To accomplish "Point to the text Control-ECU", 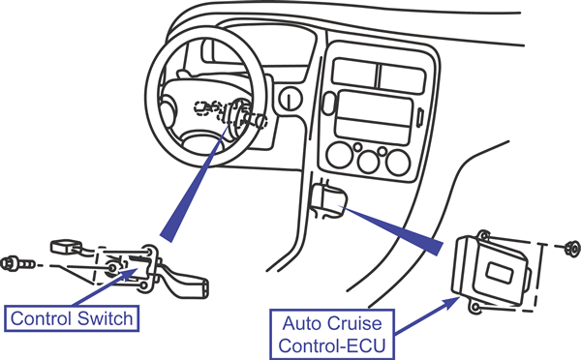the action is (x=332, y=345).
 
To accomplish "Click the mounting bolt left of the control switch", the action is (x=17, y=263).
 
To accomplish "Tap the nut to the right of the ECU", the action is (x=573, y=248).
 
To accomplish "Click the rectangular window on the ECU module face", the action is (x=499, y=275).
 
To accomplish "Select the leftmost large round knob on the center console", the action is (x=340, y=155).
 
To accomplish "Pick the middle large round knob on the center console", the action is (x=369, y=162).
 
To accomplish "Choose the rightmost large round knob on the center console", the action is (x=398, y=163).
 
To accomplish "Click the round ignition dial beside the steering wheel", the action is (x=290, y=99).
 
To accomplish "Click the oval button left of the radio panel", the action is (x=329, y=104).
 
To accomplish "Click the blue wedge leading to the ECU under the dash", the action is (x=393, y=229).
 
